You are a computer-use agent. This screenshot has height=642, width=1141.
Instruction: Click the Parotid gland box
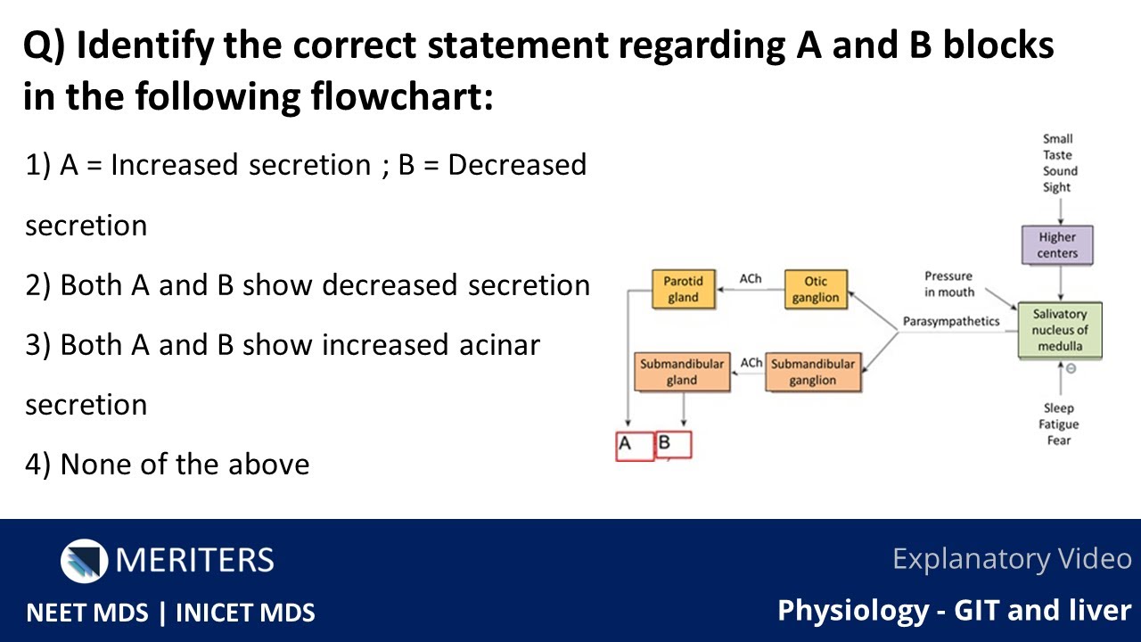[683, 288]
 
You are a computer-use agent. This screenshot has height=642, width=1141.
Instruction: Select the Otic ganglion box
[816, 289]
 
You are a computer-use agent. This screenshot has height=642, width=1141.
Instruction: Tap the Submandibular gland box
[682, 372]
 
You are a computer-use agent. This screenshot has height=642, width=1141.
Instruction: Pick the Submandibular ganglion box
[813, 372]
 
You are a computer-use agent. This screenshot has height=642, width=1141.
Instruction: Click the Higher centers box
[1057, 245]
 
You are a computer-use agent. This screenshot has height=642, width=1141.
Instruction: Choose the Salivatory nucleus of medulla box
[1060, 330]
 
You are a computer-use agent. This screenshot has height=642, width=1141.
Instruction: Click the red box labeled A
[634, 445]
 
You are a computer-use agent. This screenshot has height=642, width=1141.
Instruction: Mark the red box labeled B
[673, 444]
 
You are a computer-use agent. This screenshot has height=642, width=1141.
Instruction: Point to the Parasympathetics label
[951, 321]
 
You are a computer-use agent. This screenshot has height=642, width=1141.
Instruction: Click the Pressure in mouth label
[949, 284]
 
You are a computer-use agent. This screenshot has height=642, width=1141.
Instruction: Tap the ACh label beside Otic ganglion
[751, 279]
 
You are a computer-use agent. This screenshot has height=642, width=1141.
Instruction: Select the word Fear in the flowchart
[1059, 440]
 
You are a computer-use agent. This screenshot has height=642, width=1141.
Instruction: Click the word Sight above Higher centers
[1057, 187]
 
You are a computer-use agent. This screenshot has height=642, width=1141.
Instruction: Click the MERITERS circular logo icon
[84, 560]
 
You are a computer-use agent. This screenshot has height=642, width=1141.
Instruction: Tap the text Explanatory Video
[1012, 559]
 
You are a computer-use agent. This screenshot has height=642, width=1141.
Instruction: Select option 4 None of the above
[168, 465]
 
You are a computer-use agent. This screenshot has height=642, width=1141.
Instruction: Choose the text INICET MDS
[245, 613]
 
